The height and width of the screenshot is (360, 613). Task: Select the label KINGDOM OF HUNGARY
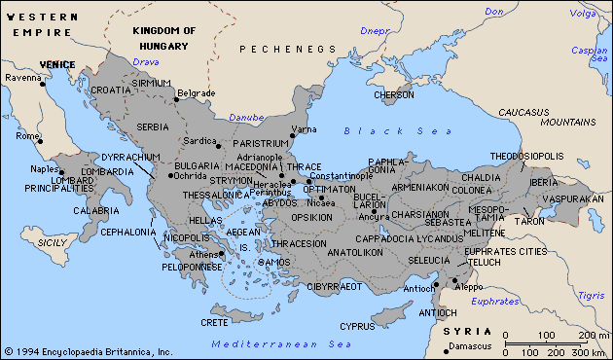tap(163, 37)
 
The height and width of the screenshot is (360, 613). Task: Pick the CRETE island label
tap(215, 322)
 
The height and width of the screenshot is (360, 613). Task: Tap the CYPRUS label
tap(357, 326)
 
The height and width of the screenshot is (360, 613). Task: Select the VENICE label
tap(56, 64)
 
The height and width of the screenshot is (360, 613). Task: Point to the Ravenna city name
tap(22, 77)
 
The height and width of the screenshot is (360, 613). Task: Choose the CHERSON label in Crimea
tap(394, 95)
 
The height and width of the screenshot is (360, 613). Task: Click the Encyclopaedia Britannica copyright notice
tap(88, 351)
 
